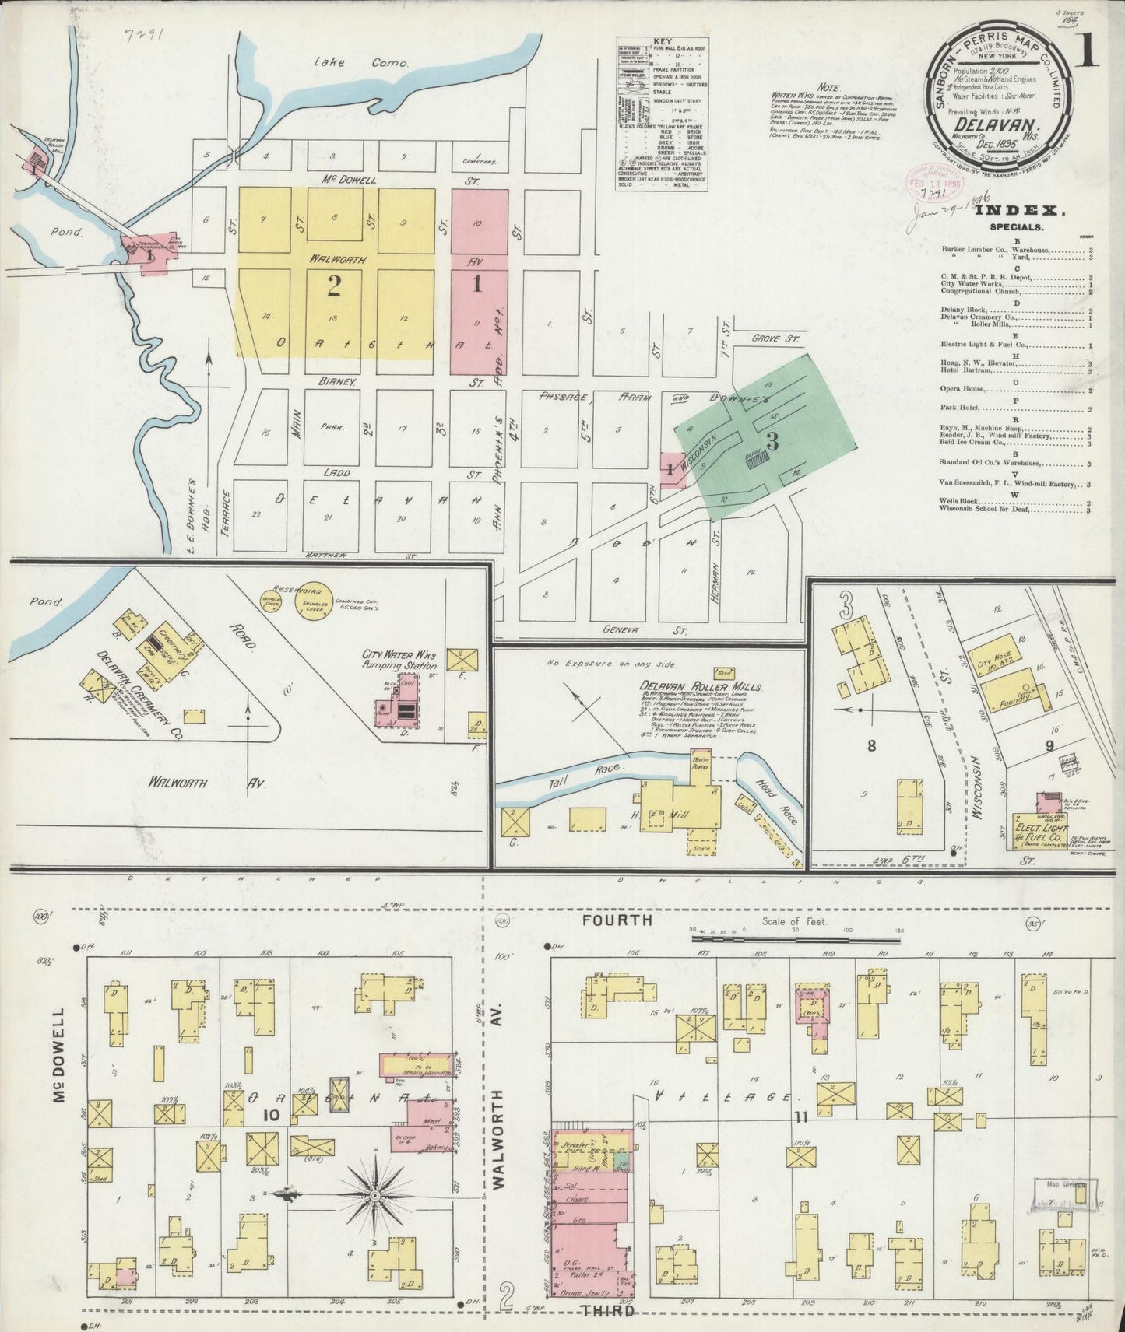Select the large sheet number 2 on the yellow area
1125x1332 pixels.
click(x=334, y=288)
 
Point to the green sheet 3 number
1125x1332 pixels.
click(x=772, y=441)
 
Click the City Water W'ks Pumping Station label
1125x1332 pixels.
click(x=399, y=661)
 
